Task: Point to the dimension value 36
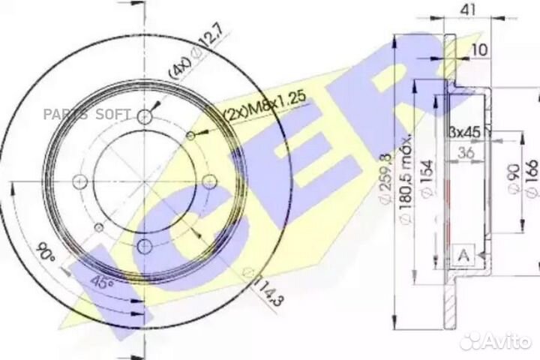click(465, 153)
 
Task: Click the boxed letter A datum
click(463, 255)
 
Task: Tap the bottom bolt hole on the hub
click(145, 244)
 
